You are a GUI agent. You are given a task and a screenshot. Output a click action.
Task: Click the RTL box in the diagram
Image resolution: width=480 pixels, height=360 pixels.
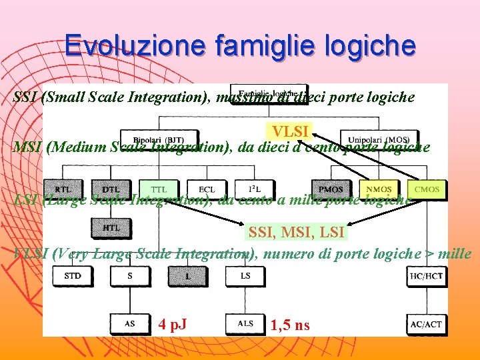point(63,189)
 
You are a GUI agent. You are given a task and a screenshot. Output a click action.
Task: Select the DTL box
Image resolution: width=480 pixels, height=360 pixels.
point(111,189)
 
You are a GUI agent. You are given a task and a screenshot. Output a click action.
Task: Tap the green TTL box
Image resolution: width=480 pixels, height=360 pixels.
point(159,189)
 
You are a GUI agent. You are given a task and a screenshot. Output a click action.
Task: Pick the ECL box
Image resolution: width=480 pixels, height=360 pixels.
point(207,189)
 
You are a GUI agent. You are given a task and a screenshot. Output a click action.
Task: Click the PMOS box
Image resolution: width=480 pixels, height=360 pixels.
point(331,189)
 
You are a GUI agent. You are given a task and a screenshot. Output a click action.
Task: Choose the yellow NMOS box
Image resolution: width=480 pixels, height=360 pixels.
point(379,189)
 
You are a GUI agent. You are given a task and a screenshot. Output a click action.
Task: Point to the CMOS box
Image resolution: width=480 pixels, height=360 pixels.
point(427,189)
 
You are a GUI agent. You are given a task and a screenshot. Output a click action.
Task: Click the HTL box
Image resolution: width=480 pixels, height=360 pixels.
point(111,227)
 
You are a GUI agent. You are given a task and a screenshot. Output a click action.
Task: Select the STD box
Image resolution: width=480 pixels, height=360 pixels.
point(73,275)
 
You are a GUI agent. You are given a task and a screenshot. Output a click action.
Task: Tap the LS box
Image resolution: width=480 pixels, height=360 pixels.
point(245,275)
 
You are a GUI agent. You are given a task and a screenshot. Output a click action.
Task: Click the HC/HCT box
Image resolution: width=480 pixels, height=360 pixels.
point(425,275)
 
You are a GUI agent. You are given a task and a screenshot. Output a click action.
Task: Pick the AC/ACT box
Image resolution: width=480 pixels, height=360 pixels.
point(425,324)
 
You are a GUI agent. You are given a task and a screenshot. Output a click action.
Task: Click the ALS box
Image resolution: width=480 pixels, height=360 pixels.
point(245,324)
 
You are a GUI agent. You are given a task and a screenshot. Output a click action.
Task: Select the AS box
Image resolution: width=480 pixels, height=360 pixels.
point(130,324)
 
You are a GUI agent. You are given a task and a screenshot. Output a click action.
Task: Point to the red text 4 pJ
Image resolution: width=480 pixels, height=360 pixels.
point(173,325)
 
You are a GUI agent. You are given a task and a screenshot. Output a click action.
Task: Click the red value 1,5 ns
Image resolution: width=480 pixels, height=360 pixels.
point(290,325)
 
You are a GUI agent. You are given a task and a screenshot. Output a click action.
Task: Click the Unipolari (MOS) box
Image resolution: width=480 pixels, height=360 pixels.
point(375,139)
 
